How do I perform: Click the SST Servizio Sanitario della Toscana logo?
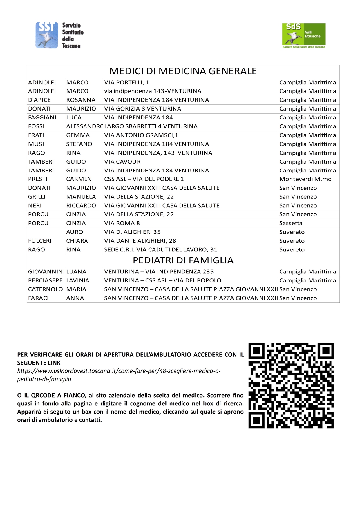click(59, 35)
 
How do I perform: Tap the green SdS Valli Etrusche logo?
click(304, 36)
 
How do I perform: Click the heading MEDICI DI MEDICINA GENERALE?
click(183, 71)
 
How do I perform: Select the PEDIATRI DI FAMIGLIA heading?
click(183, 260)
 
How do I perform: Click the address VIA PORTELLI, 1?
click(126, 82)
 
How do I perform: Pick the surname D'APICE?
click(39, 100)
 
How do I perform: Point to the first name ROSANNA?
click(81, 100)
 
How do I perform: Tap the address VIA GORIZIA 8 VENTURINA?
click(142, 109)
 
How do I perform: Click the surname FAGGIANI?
click(42, 117)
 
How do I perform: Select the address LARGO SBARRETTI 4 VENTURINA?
click(151, 126)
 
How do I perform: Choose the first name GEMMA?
click(78, 135)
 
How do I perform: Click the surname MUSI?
click(36, 144)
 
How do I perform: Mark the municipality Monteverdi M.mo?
click(305, 179)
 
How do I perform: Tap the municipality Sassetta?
click(291, 223)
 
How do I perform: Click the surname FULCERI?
click(40, 241)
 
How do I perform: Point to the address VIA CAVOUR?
click(122, 162)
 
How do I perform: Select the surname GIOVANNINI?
click(46, 272)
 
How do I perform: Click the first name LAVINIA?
click(78, 280)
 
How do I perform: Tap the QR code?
click(291, 385)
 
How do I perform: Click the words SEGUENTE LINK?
click(39, 363)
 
